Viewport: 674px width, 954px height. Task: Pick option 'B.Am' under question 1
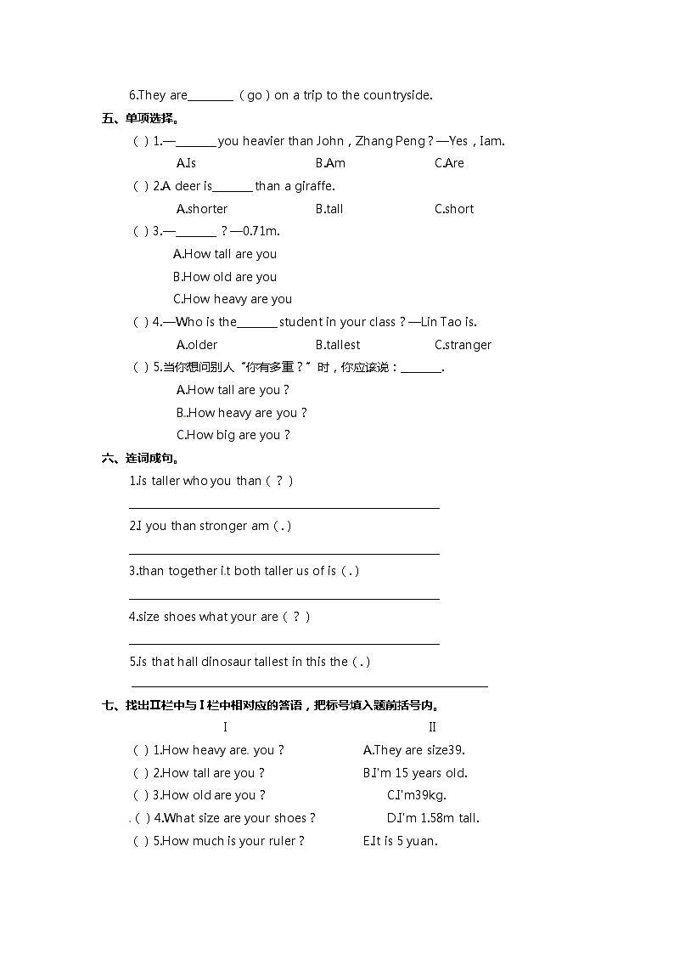pyautogui.click(x=330, y=163)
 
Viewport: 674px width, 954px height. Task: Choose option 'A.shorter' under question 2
pyautogui.click(x=202, y=209)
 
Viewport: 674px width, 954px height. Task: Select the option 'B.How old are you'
pyautogui.click(x=225, y=277)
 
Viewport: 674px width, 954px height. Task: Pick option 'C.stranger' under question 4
pyautogui.click(x=463, y=345)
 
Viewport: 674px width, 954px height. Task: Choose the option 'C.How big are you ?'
pyautogui.click(x=233, y=435)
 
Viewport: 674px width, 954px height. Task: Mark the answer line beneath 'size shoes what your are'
pyautogui.click(x=284, y=644)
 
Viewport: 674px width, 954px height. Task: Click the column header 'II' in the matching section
pyautogui.click(x=432, y=727)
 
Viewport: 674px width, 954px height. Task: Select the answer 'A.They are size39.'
pyautogui.click(x=413, y=750)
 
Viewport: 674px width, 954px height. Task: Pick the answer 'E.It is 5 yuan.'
pyautogui.click(x=400, y=841)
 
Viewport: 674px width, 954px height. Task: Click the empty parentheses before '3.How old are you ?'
pyautogui.click(x=141, y=795)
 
